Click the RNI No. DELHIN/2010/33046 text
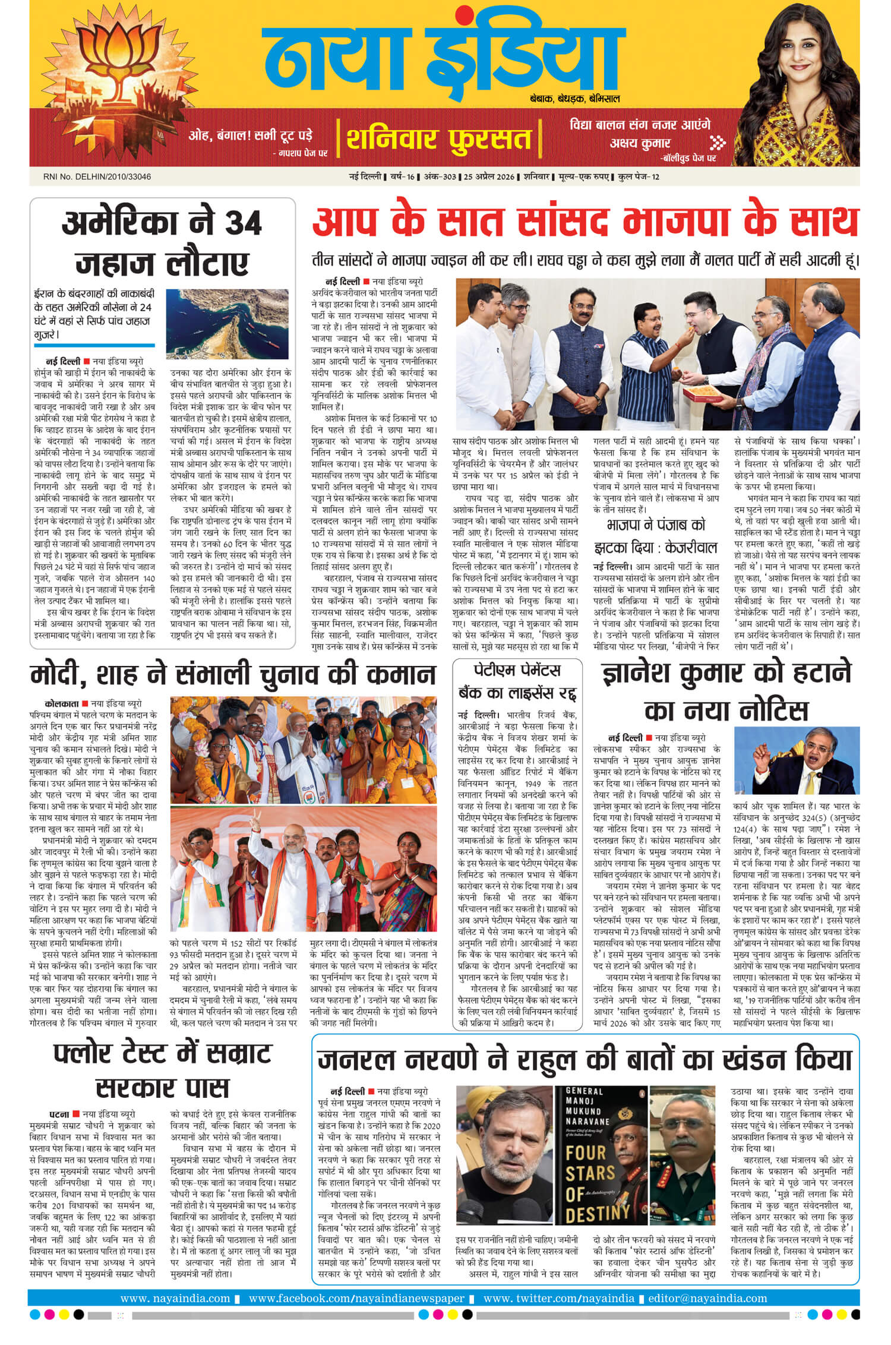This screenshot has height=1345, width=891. coord(101,176)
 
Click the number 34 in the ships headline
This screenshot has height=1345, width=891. coord(242,225)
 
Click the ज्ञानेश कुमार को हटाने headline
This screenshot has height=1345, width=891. coord(726,690)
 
